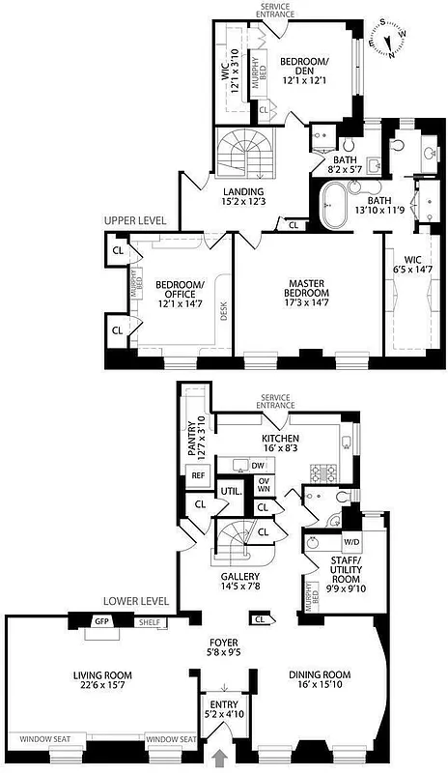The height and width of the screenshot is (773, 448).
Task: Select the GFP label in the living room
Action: coord(100,621)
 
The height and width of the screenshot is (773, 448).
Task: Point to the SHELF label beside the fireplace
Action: coord(149,623)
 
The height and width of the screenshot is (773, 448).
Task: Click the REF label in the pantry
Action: coord(199,475)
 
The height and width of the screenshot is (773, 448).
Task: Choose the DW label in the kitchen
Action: coord(259,466)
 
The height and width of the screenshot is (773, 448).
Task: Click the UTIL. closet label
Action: coord(230,492)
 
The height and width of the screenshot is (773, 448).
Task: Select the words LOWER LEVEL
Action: coord(137,600)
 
